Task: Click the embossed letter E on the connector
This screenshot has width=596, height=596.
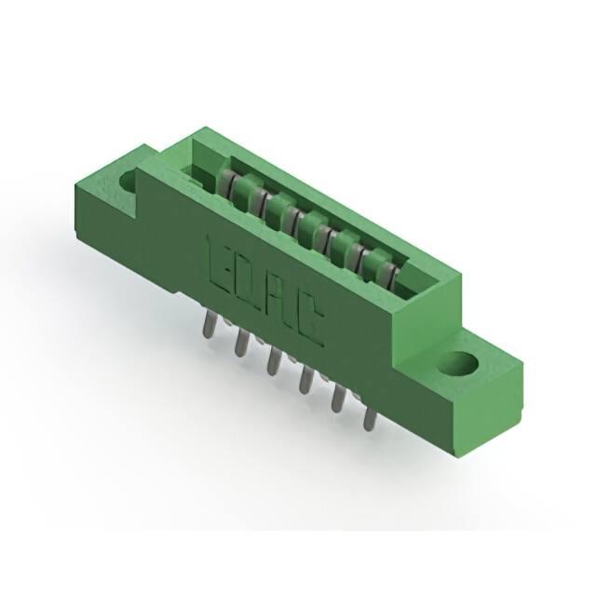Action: coord(220,263)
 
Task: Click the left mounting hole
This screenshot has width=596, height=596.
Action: coord(129,180)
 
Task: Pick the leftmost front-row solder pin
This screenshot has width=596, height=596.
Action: coord(210,326)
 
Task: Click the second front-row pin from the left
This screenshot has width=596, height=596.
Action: coord(241,342)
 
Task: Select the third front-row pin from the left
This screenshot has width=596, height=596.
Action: coord(273,361)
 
